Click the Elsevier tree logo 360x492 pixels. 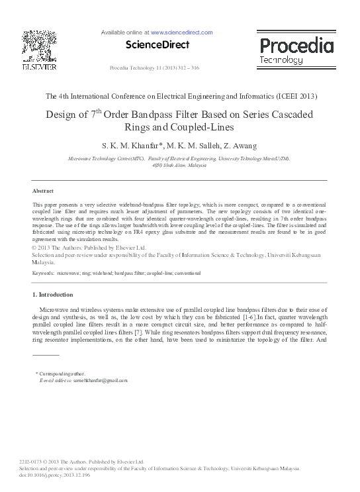point(39,46)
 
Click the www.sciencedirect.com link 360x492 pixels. point(181,32)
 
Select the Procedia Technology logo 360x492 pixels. point(296,50)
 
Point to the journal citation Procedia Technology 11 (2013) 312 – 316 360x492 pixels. point(154,68)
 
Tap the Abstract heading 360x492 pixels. point(43,191)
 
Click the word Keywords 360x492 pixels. point(44,273)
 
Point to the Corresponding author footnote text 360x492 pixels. point(62,374)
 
